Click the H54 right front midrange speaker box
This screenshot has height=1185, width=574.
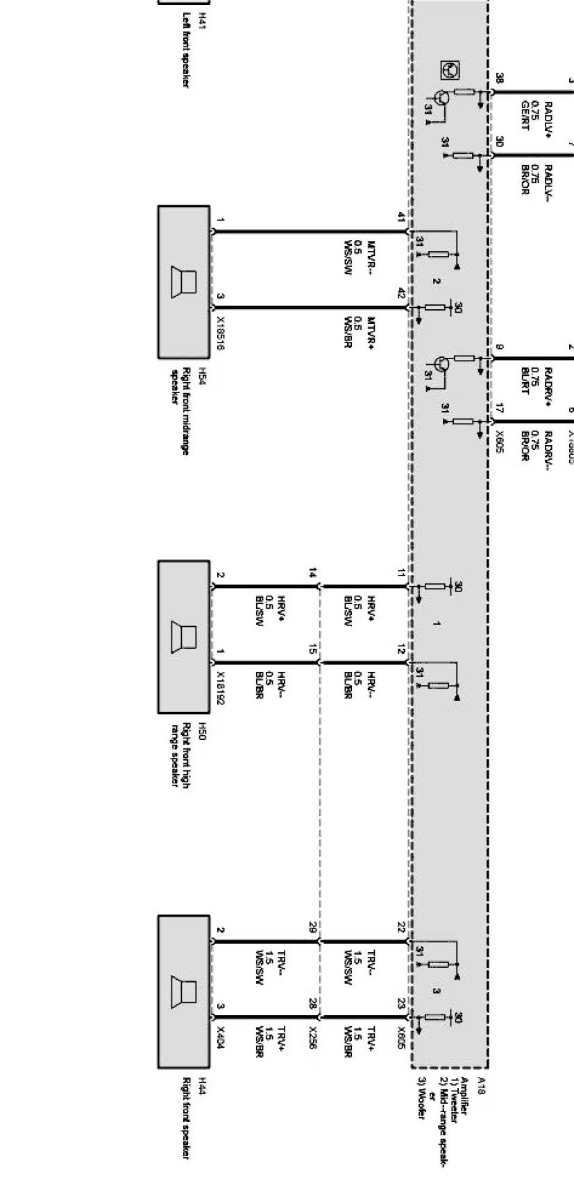click(184, 282)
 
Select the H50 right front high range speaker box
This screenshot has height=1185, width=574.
click(184, 637)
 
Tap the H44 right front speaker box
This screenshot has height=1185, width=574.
click(184, 992)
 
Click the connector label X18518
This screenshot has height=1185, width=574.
click(220, 333)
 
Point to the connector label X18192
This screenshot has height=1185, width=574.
click(220, 687)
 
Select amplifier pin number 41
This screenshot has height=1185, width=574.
click(401, 218)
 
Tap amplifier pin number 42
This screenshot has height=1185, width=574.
click(401, 293)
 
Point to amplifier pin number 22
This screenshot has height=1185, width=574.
click(401, 927)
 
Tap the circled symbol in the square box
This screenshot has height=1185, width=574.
click(450, 70)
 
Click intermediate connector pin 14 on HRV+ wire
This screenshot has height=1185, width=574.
click(313, 573)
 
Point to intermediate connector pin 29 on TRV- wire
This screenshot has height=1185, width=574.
click(313, 927)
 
